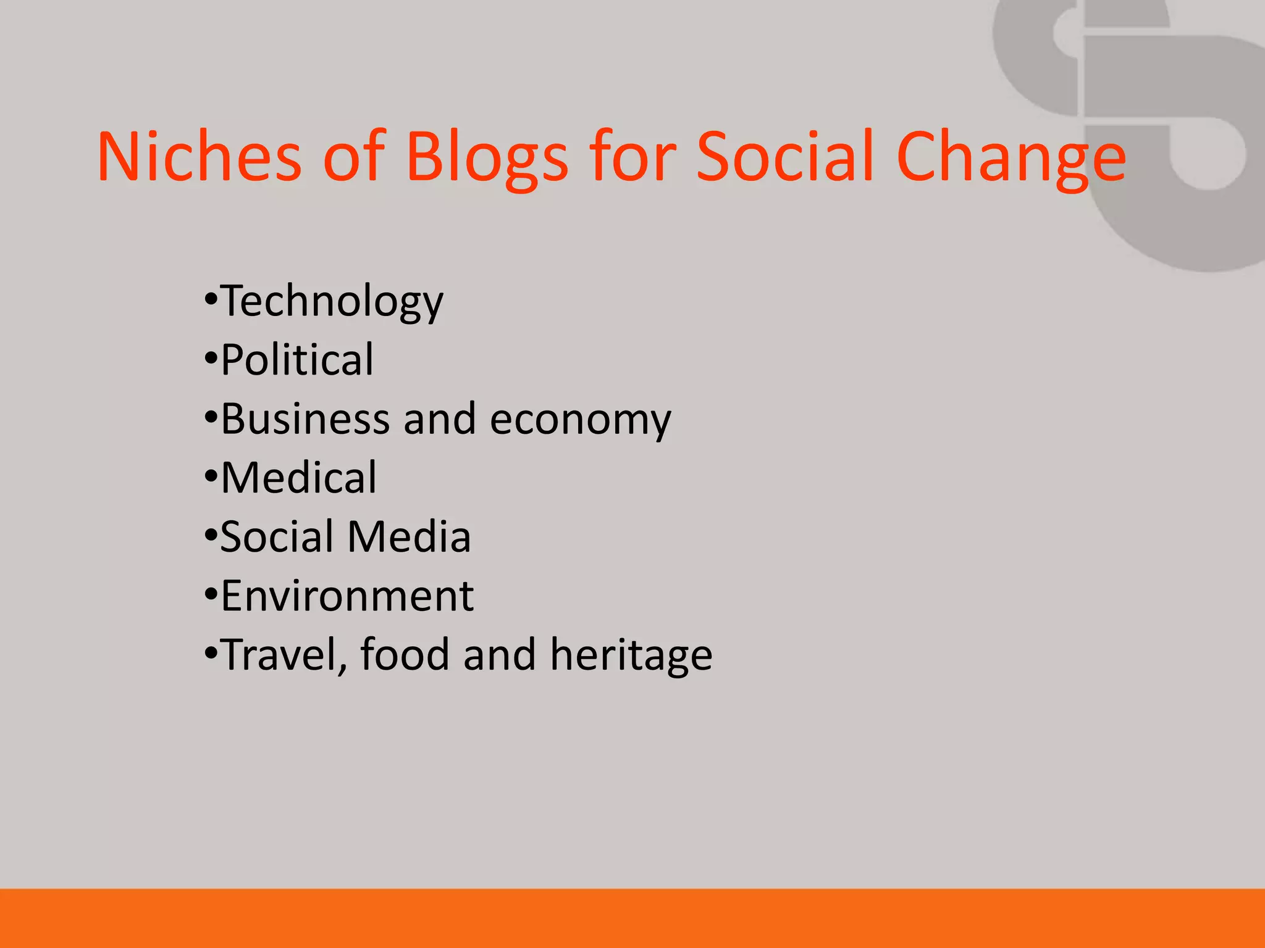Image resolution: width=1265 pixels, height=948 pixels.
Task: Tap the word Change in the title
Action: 1011,157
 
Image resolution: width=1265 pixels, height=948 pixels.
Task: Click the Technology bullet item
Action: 332,302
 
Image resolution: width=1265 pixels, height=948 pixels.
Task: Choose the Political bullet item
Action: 297,360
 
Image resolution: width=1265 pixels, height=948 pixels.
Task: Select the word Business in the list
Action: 305,419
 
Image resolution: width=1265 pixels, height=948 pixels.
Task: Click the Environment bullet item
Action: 347,596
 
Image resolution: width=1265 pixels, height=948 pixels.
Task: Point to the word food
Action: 404,654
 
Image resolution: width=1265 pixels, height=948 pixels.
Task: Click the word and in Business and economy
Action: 440,419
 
